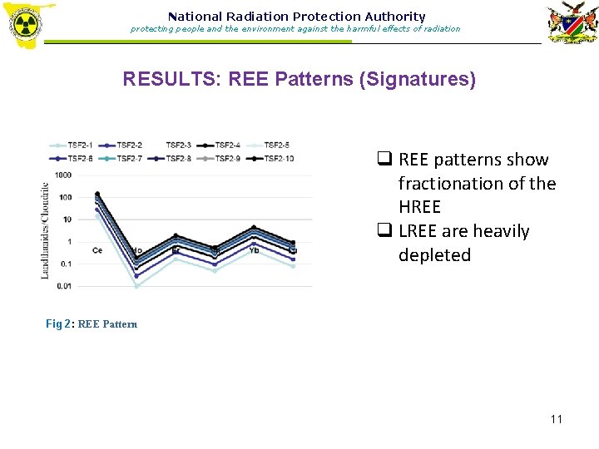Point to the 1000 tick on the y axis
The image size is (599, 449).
(x=62, y=175)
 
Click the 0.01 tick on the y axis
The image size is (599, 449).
(x=64, y=286)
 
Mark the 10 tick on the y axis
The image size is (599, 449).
(x=66, y=220)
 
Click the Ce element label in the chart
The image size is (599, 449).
(x=97, y=250)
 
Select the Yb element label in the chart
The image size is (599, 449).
(x=254, y=250)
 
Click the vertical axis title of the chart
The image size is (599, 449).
(x=46, y=230)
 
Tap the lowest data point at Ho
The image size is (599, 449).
(x=136, y=286)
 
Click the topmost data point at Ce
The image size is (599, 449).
(x=97, y=194)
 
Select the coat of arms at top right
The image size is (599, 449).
(x=571, y=25)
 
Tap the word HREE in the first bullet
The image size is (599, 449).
(x=419, y=207)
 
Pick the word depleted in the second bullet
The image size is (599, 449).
(x=434, y=255)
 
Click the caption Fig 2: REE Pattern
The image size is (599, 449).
(x=92, y=323)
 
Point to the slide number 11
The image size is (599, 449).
(x=557, y=418)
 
